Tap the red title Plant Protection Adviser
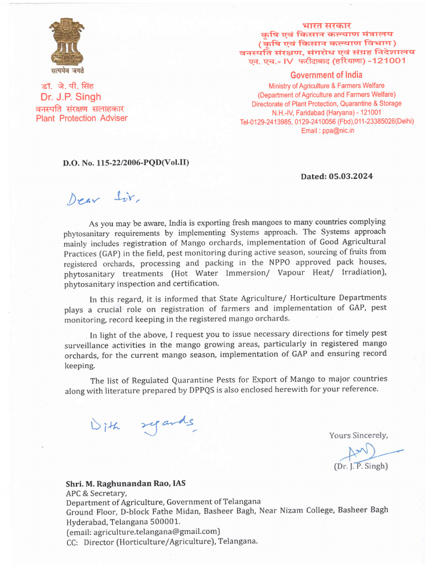point(81,118)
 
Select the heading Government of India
point(326,75)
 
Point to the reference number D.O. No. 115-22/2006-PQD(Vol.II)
point(126,163)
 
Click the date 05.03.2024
point(353,176)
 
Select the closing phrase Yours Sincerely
point(359,436)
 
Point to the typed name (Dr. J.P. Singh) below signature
point(361,466)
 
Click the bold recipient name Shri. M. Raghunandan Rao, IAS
point(126,483)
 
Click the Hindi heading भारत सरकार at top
point(326,25)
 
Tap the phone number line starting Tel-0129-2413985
point(326,122)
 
